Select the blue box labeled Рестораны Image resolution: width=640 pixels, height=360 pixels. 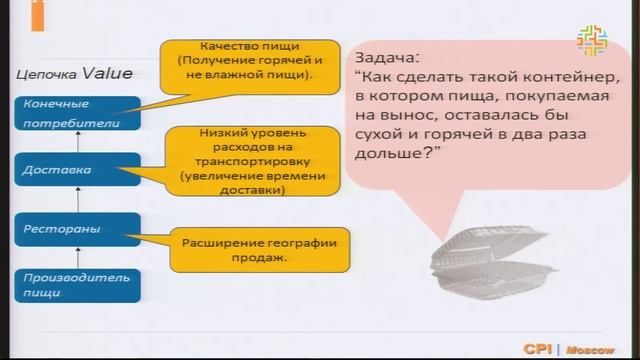(75, 229)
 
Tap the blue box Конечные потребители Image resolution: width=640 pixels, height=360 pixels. (75, 114)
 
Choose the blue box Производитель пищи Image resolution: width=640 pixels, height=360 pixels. (75, 284)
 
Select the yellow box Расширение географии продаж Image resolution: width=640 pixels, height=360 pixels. (259, 250)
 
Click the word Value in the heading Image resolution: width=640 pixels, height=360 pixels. (107, 73)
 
